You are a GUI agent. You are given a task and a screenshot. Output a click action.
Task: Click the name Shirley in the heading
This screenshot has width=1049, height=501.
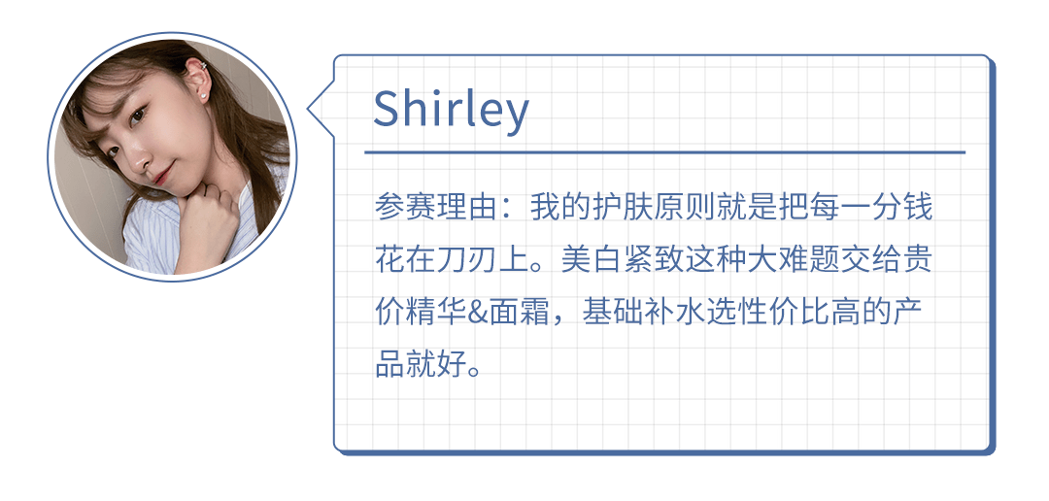pos(451,109)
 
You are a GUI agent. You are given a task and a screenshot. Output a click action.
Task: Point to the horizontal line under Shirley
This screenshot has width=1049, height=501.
pos(664,152)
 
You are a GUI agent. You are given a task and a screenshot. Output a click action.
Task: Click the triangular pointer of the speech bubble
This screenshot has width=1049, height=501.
pos(321,109)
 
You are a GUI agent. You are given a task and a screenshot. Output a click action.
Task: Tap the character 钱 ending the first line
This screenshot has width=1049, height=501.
pos(917,209)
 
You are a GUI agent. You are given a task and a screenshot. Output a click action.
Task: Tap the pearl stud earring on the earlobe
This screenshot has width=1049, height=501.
pos(200,96)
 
